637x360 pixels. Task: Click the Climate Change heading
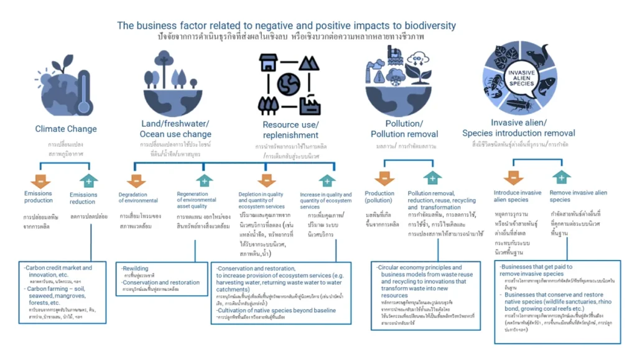pyautogui.click(x=66, y=129)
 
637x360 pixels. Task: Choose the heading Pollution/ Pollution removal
pyautogui.click(x=404, y=129)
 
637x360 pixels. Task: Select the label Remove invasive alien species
pyautogui.click(x=578, y=196)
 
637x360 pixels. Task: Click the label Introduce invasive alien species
pyautogui.click(x=518, y=196)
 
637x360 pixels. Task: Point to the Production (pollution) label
pyautogui.click(x=379, y=197)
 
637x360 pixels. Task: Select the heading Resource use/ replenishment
pyautogui.click(x=290, y=130)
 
